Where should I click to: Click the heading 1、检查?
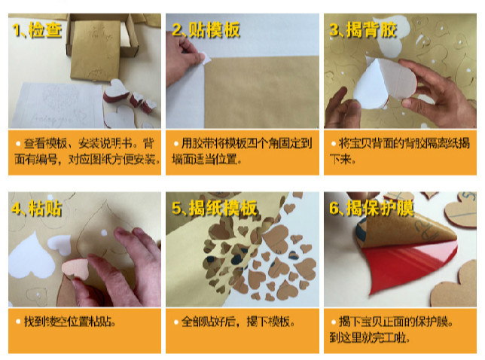coord(37,30)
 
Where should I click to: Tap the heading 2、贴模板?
coord(206,30)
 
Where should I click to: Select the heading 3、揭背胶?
coord(364,30)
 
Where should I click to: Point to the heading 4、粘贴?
coord(37,209)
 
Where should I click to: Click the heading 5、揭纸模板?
coord(215,208)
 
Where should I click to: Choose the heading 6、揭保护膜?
coord(371,208)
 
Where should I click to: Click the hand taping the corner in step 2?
coord(184,59)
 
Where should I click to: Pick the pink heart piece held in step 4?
coord(75,267)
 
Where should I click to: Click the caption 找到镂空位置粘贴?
coord(69,322)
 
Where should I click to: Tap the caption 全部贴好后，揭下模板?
coord(237,322)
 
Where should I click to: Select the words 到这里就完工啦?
coord(370,337)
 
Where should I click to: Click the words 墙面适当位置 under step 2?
coord(206,159)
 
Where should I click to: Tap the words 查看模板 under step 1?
coord(45,143)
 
